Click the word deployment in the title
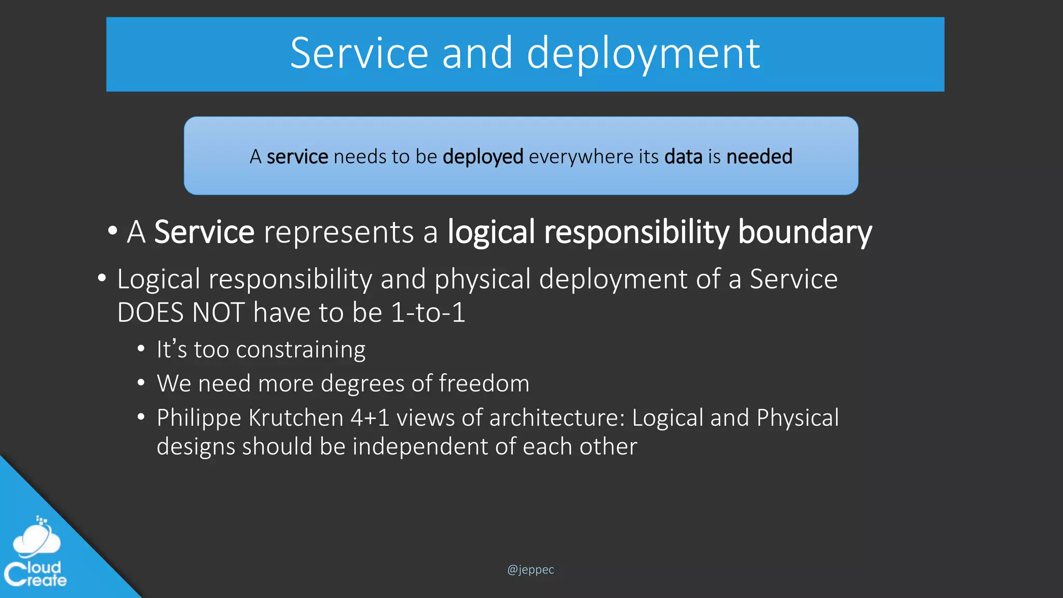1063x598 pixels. (643, 54)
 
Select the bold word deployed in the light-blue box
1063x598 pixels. (483, 157)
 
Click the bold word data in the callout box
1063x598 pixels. (683, 157)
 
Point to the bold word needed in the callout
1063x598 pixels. (759, 157)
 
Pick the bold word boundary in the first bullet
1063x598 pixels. (805, 232)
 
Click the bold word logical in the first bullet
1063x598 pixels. (491, 232)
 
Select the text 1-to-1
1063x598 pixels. (428, 313)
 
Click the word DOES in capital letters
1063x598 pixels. (151, 313)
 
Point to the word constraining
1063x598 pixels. (301, 350)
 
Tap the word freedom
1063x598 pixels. (484, 384)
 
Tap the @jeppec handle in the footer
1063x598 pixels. (530, 569)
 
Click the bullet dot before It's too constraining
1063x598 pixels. (141, 349)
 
